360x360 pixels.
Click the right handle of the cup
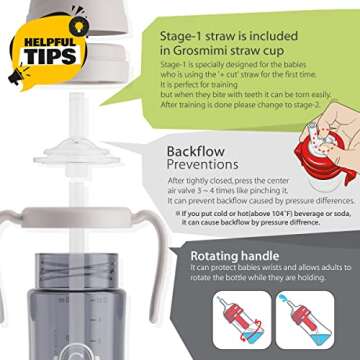[141, 285]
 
